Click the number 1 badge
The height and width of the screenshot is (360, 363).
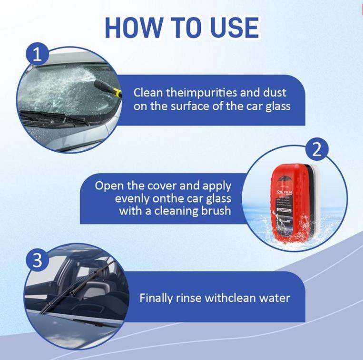pos(37,55)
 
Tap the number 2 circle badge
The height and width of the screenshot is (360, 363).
pos(317,150)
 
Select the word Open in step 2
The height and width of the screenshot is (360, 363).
pos(108,185)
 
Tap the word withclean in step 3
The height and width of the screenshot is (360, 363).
pos(228,298)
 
